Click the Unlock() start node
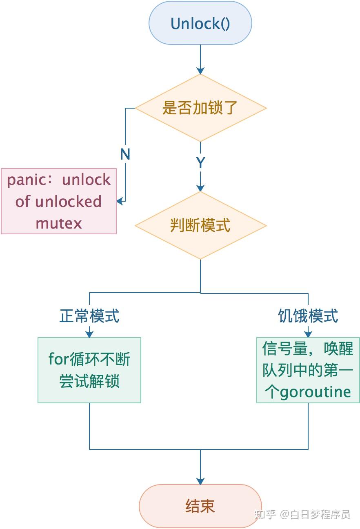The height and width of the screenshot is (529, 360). (x=200, y=23)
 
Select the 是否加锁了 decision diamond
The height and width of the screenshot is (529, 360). (x=200, y=108)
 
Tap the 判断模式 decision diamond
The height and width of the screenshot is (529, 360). (x=200, y=225)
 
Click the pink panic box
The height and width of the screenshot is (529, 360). (x=59, y=201)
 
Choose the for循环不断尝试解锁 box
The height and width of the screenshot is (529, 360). (x=89, y=370)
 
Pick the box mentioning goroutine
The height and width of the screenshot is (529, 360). (x=308, y=370)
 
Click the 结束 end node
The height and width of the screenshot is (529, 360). (x=200, y=506)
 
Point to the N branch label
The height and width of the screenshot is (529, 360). (x=125, y=154)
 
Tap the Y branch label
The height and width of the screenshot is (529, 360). (x=200, y=163)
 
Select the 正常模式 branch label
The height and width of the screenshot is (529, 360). (x=89, y=316)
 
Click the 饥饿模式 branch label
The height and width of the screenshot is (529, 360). (x=308, y=316)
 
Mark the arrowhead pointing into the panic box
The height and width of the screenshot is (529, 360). (x=120, y=201)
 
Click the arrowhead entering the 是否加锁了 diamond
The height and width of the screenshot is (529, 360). (x=200, y=71)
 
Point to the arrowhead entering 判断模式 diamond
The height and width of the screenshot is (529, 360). (x=200, y=188)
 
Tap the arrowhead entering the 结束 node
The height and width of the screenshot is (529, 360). (x=200, y=481)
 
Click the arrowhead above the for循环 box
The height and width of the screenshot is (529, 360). (x=89, y=334)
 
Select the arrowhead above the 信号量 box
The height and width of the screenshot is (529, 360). (x=308, y=334)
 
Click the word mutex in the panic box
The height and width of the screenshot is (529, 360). (x=59, y=223)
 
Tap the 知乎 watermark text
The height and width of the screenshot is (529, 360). (x=265, y=514)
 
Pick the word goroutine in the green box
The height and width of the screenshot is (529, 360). (x=315, y=392)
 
